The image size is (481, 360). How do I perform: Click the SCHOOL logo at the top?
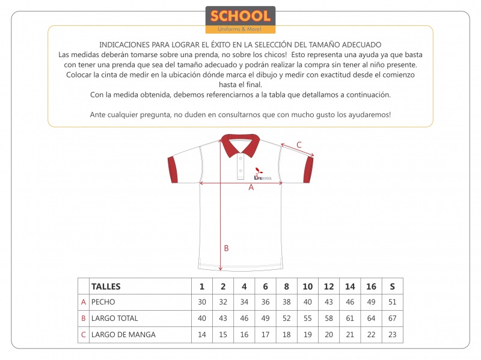240,20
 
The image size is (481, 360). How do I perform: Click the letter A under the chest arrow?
251,187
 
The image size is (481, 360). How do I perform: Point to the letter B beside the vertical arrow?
226,248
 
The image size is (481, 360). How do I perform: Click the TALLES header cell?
106,286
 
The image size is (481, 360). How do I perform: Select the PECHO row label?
103,302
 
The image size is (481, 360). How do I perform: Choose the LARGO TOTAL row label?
114,319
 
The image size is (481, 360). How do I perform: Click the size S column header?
393,286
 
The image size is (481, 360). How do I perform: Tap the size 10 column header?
307,286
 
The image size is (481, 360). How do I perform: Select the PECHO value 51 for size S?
393,302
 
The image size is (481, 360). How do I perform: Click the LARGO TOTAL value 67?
393,319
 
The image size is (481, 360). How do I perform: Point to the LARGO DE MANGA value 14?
202,335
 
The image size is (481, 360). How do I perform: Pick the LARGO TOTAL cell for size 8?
286,319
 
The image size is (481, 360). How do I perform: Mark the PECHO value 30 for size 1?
202,302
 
